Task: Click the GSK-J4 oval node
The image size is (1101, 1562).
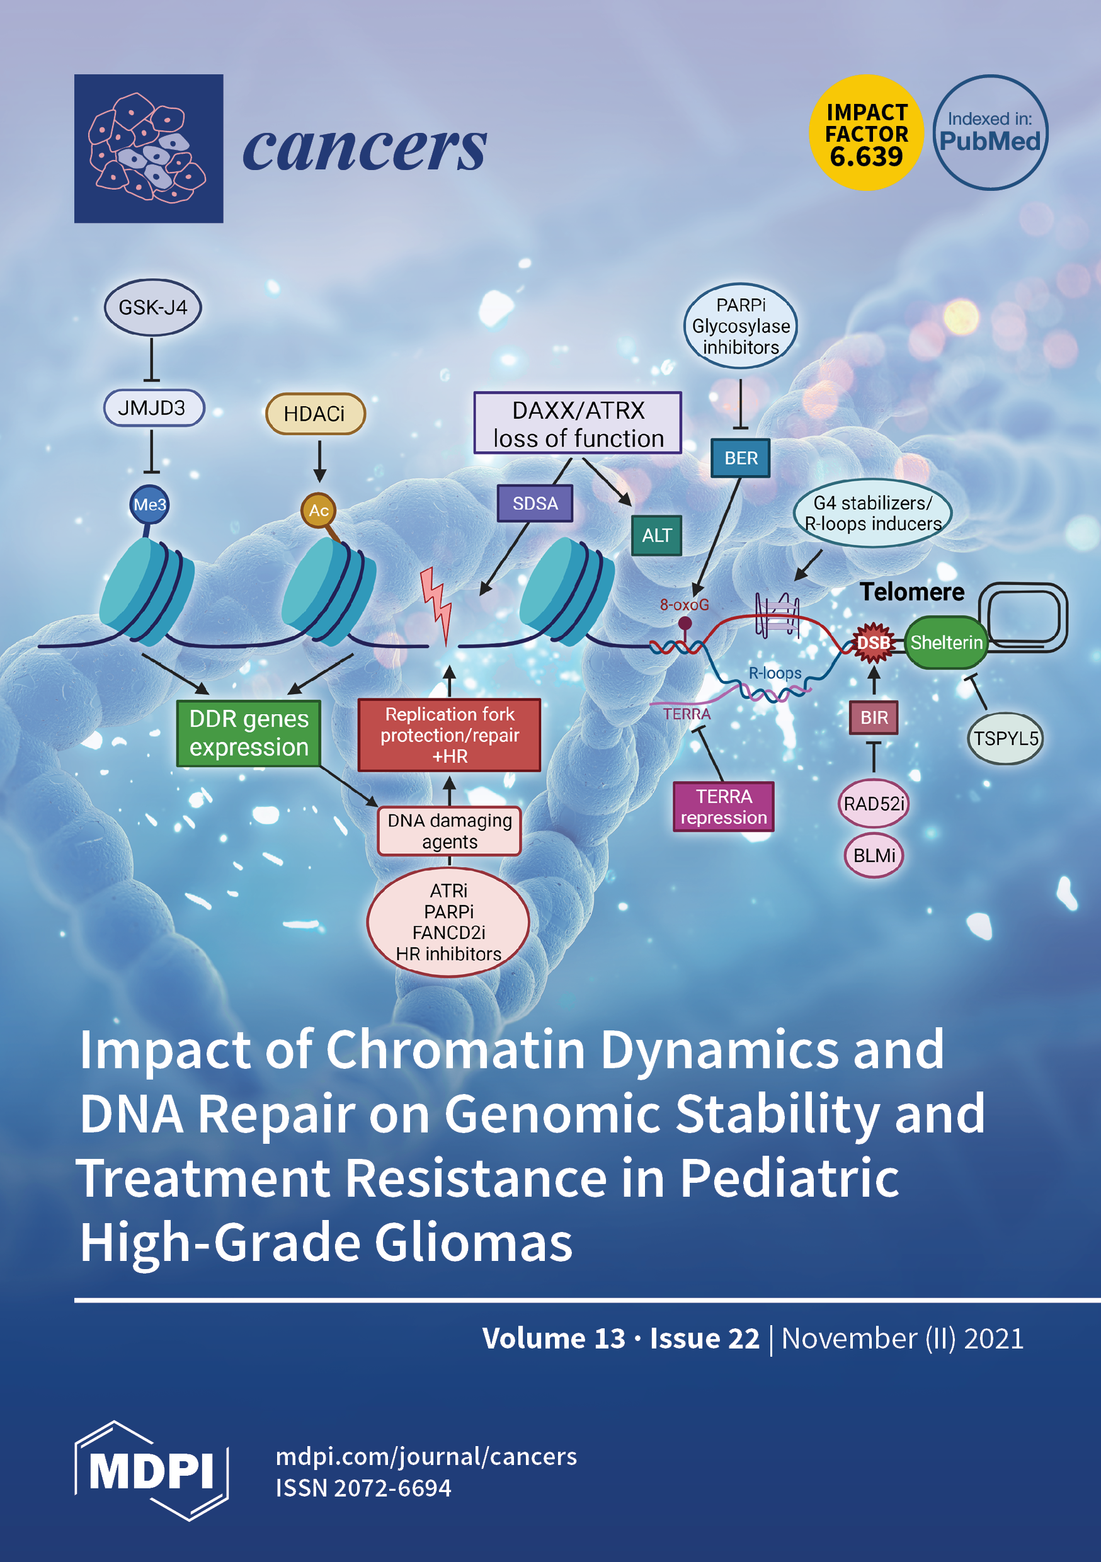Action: [x=152, y=307]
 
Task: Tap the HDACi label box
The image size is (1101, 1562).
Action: [x=315, y=414]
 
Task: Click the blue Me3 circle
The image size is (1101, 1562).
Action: [x=150, y=505]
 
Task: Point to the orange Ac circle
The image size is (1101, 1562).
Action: [x=319, y=510]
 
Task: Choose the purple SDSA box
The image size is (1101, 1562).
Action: [x=535, y=503]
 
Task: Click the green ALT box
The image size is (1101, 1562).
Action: [x=657, y=535]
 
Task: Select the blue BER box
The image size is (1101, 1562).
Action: [x=740, y=458]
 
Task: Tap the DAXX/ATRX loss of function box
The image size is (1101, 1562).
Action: [x=578, y=423]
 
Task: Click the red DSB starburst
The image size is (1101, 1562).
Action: [x=873, y=643]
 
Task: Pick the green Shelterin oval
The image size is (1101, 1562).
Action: [x=947, y=643]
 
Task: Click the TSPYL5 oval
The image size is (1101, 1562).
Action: [x=1005, y=739]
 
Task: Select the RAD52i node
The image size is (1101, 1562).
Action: [x=874, y=804]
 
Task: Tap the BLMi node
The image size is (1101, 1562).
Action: [x=874, y=855]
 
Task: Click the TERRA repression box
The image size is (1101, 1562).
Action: [x=723, y=807]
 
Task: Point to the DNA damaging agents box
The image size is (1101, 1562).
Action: [x=449, y=831]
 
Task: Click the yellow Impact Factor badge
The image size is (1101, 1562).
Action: [x=866, y=134]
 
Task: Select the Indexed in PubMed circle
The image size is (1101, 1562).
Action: [x=990, y=133]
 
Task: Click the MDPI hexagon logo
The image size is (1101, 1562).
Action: [x=151, y=1470]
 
